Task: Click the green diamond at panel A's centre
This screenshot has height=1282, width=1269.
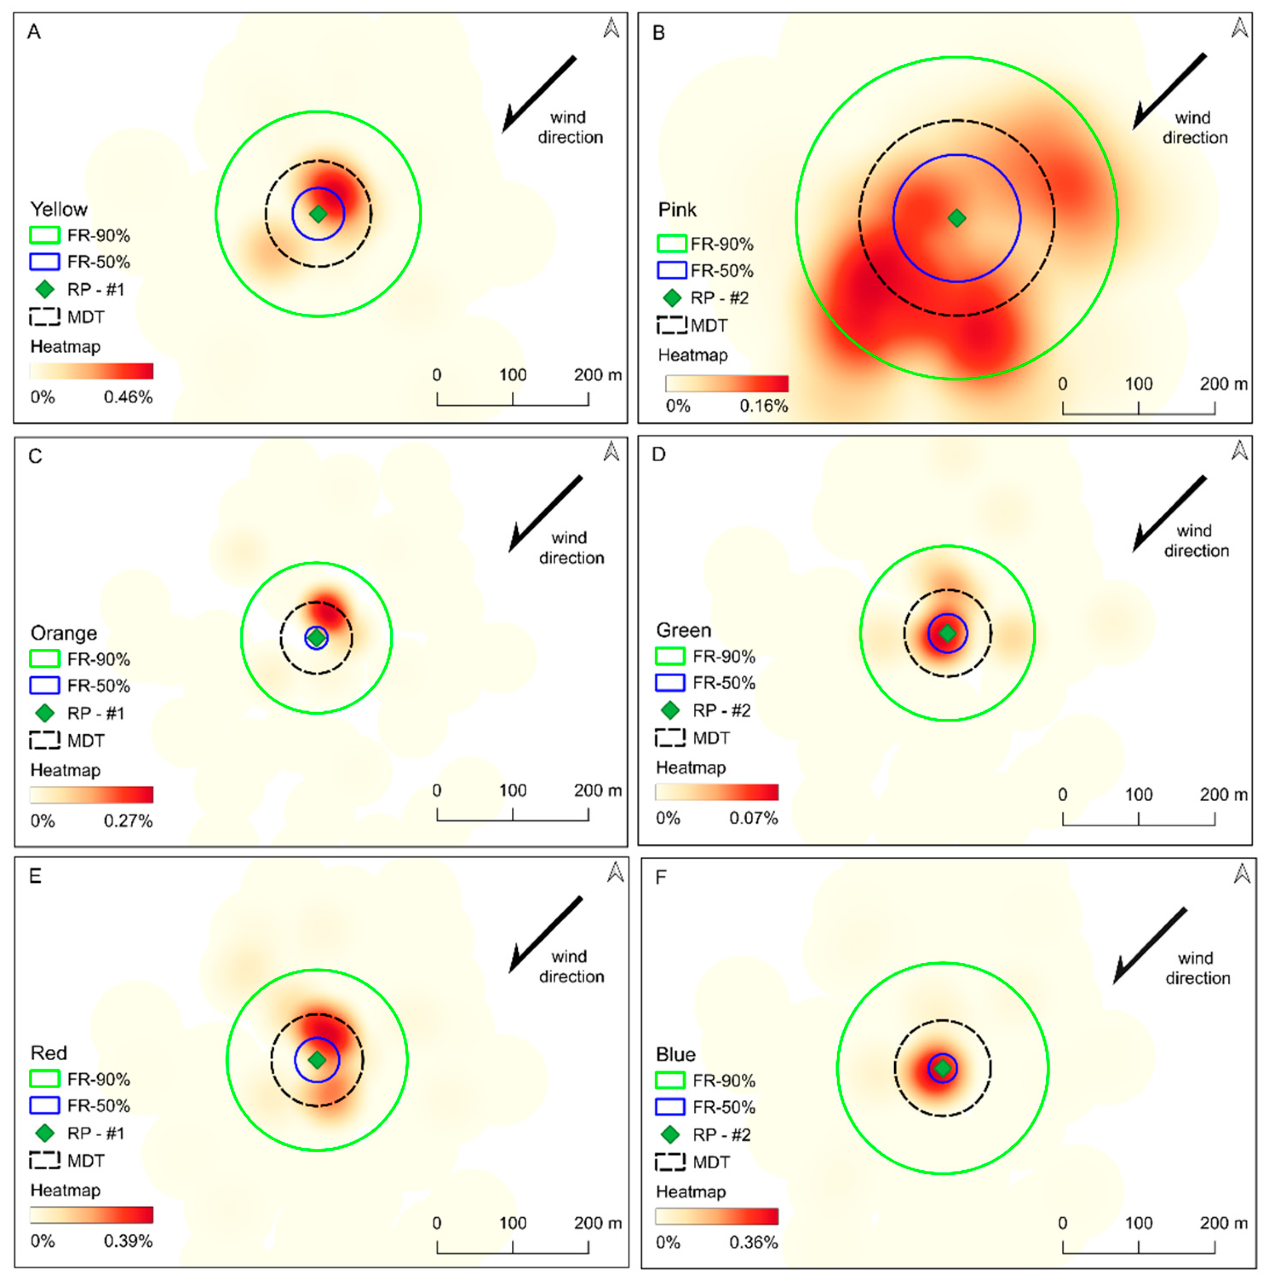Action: (319, 214)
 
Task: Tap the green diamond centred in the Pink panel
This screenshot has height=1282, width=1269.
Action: (957, 218)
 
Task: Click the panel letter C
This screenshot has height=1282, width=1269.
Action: (35, 456)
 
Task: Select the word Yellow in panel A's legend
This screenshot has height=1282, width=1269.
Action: (58, 210)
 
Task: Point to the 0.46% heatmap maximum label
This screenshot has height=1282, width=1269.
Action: (128, 397)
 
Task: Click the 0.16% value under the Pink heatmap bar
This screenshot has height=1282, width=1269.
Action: (763, 406)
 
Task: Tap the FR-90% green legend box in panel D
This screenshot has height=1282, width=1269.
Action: (670, 656)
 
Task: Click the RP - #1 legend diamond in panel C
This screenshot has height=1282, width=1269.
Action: (44, 713)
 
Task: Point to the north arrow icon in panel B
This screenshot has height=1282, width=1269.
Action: (1239, 28)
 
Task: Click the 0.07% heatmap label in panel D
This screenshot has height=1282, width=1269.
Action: (754, 818)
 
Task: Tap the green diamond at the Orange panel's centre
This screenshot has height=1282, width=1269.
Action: (317, 638)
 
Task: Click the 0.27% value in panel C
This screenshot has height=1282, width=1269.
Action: (128, 822)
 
